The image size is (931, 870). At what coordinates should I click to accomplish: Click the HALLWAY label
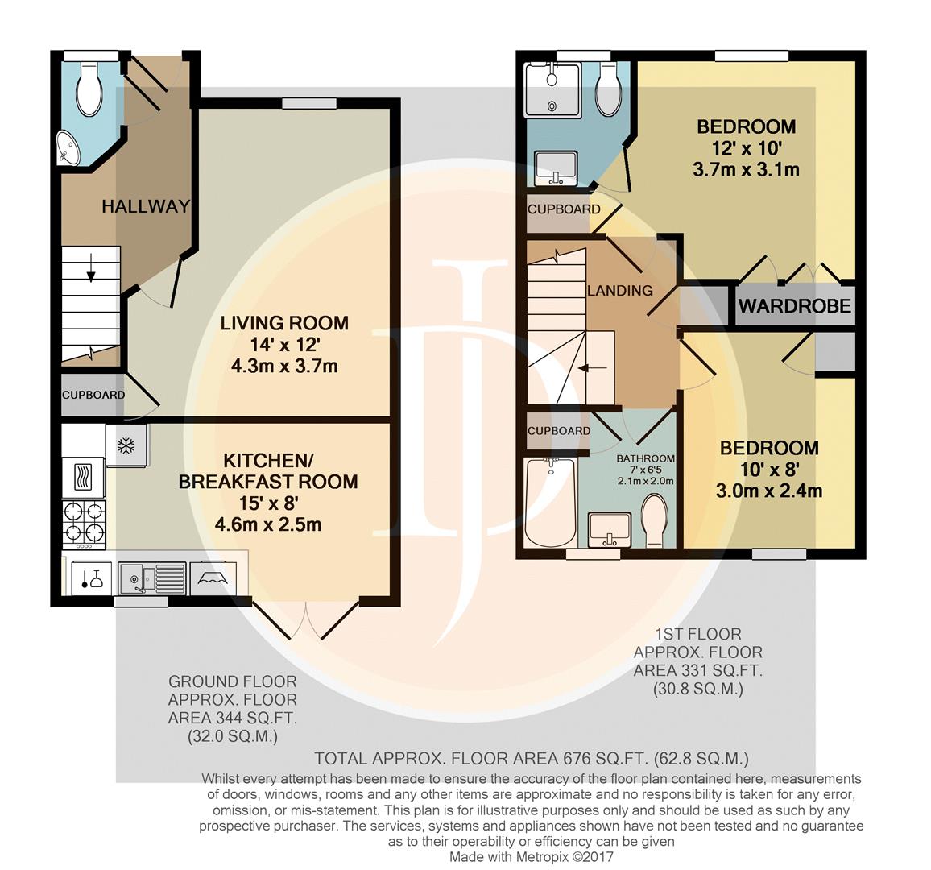[x=146, y=206]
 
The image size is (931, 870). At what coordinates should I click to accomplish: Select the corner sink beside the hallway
[x=68, y=148]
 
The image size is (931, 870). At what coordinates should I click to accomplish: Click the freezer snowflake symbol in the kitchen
[x=126, y=445]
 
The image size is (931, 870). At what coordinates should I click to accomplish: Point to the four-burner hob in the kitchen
[x=85, y=524]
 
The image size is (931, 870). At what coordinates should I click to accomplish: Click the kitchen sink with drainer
[x=152, y=578]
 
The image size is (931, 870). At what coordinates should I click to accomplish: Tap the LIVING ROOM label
[x=284, y=323]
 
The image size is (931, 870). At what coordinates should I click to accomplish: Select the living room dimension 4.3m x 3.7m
[x=284, y=366]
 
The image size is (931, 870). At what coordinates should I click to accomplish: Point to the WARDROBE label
[x=795, y=306]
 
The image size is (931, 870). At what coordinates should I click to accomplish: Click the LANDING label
[x=620, y=290]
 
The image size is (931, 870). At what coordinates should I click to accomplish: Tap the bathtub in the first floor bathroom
[x=550, y=503]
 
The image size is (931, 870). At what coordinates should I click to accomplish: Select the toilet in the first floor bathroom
[x=656, y=521]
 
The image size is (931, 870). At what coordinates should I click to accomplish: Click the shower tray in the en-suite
[x=552, y=90]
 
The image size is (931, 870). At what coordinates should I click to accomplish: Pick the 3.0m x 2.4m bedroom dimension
[x=769, y=491]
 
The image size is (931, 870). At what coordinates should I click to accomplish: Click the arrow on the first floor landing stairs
[x=594, y=368]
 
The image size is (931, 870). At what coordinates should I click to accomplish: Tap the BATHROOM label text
[x=645, y=458]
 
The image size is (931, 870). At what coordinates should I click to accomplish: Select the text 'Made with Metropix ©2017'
[x=532, y=857]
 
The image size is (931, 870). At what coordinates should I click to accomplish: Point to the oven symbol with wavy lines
[x=83, y=478]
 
